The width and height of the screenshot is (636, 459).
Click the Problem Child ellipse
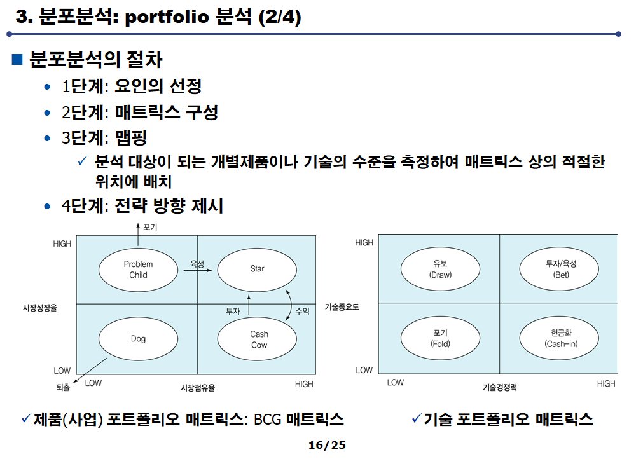(x=138, y=270)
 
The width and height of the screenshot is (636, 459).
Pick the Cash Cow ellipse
(x=258, y=339)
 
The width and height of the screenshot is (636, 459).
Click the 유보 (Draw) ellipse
(x=440, y=270)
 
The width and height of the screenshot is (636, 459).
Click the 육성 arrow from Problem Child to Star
(x=193, y=271)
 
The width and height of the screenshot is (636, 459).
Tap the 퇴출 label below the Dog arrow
(x=63, y=387)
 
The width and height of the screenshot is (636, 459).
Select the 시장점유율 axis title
(x=198, y=387)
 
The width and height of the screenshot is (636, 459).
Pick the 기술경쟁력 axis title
(x=499, y=387)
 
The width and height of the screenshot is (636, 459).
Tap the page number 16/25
(x=327, y=445)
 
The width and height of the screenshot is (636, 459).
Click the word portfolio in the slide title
(x=168, y=17)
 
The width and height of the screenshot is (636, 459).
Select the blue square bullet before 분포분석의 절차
(x=17, y=60)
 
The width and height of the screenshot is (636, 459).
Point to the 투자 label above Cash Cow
(x=233, y=312)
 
